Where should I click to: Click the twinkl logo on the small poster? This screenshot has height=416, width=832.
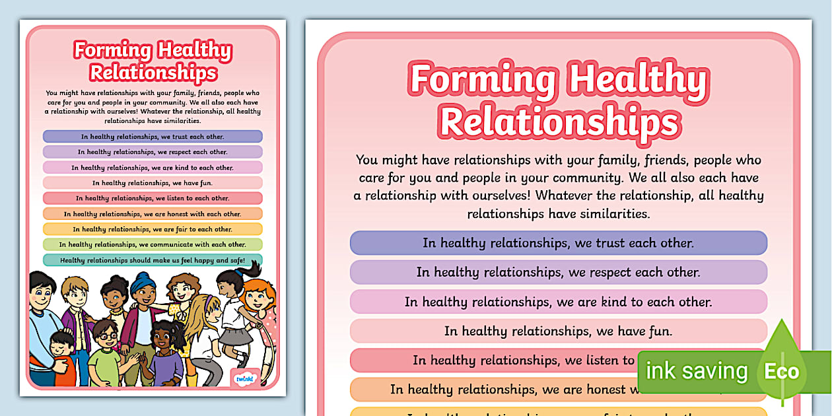pyautogui.click(x=242, y=379)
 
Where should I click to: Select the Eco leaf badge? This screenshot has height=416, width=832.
pyautogui.click(x=782, y=370)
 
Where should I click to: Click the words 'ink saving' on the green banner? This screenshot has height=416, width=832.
pyautogui.click(x=696, y=371)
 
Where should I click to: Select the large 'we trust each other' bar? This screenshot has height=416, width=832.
pyautogui.click(x=558, y=243)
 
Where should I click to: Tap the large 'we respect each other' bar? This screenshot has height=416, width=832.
pyautogui.click(x=558, y=272)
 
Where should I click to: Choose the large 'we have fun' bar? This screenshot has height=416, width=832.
pyautogui.click(x=558, y=331)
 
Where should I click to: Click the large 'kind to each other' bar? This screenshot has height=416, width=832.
pyautogui.click(x=558, y=302)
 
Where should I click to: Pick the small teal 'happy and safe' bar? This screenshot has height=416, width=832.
pyautogui.click(x=153, y=260)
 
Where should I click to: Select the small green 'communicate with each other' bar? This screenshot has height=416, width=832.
pyautogui.click(x=153, y=244)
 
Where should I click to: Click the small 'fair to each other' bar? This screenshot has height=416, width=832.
pyautogui.click(x=153, y=229)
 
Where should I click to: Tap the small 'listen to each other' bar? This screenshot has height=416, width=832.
pyautogui.click(x=153, y=198)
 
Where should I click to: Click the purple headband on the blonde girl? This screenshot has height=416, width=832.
pyautogui.click(x=211, y=302)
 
